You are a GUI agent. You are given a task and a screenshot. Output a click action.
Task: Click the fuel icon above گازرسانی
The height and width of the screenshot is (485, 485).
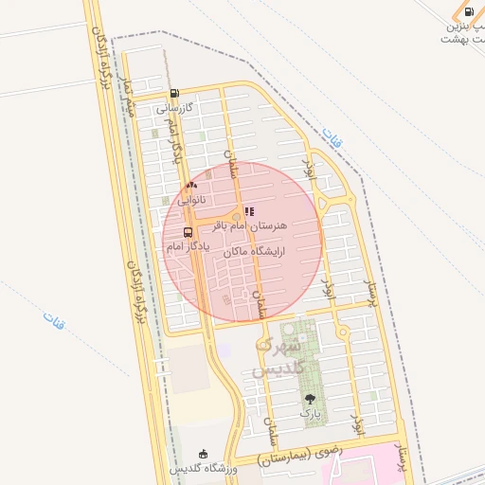[175, 94]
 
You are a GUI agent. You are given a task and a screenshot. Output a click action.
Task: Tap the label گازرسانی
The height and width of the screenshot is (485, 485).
[175, 107]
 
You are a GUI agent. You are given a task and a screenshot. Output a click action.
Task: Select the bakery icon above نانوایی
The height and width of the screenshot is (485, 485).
[192, 186]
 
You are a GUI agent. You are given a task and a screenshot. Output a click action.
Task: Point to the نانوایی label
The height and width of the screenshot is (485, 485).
[193, 200]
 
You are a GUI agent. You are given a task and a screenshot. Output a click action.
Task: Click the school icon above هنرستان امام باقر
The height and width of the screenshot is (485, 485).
[249, 213]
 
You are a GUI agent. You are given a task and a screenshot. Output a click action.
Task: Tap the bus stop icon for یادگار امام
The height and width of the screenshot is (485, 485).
[187, 232]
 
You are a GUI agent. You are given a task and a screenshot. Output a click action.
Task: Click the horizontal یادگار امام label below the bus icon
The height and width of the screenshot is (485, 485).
[187, 246]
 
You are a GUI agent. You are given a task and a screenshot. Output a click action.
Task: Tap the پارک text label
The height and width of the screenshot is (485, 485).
[311, 414]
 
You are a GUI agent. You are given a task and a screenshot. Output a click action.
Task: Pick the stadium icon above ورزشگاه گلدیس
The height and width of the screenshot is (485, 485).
[203, 456]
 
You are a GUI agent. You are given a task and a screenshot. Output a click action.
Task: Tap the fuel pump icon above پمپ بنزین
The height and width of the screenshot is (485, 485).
[468, 12]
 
